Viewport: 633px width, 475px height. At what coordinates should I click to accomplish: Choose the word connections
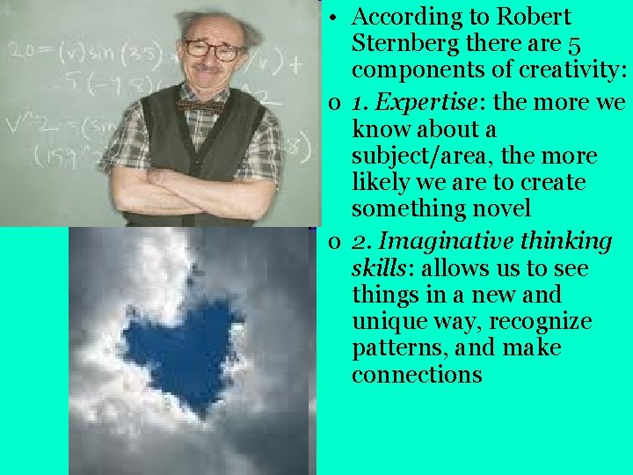click(417, 374)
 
